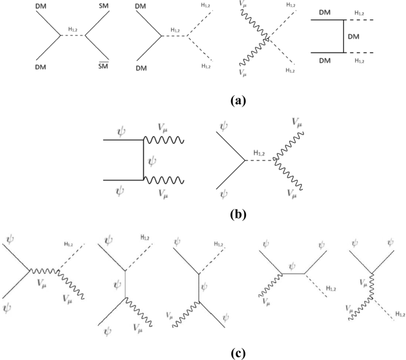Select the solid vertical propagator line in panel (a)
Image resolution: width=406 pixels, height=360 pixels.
[344, 37]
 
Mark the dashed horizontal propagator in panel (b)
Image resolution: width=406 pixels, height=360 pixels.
[260, 160]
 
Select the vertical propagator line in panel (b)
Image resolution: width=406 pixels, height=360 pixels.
[143, 160]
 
